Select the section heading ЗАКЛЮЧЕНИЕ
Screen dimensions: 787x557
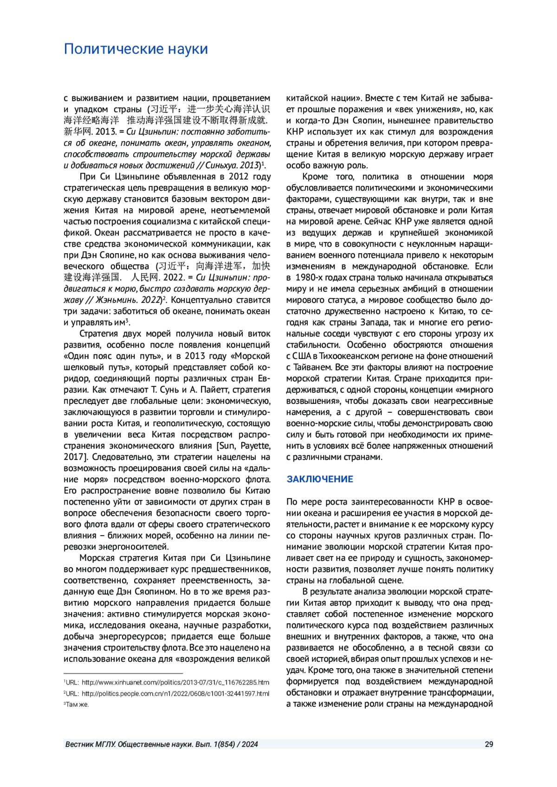click(319, 479)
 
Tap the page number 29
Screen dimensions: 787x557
click(489, 744)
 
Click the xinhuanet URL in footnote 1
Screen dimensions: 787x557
click(175, 682)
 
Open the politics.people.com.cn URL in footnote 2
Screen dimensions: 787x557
click(175, 693)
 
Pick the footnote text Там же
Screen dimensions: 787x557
click(77, 704)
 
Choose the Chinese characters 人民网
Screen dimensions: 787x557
click(145, 277)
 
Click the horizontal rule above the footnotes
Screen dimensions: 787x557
click(123, 673)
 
